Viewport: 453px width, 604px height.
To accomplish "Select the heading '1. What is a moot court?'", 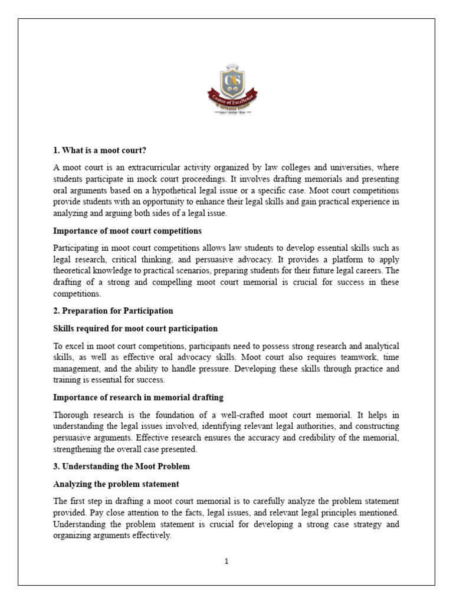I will point(99,150).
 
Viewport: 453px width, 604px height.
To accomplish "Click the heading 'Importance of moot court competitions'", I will point(127,231).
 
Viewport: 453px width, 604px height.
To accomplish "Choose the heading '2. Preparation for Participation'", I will point(113,310).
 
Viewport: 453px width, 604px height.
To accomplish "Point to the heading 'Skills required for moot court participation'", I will point(135,328).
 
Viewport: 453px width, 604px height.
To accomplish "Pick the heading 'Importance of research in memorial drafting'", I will point(138,398).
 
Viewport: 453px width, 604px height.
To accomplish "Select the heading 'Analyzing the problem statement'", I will point(116,484).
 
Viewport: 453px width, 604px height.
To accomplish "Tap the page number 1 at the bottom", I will point(226,562).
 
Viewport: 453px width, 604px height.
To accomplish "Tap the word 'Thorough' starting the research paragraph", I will point(69,414).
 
